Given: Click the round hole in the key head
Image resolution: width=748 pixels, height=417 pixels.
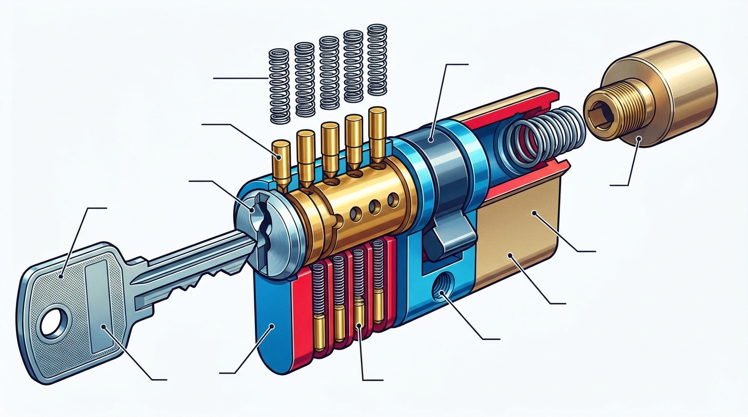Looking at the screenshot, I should point(53,322).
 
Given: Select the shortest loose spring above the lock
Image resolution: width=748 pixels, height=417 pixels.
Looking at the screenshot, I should point(280,86).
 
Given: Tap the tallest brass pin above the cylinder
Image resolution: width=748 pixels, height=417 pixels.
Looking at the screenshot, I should point(376,136).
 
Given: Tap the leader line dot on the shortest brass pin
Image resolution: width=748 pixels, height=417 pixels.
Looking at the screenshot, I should point(279,156).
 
